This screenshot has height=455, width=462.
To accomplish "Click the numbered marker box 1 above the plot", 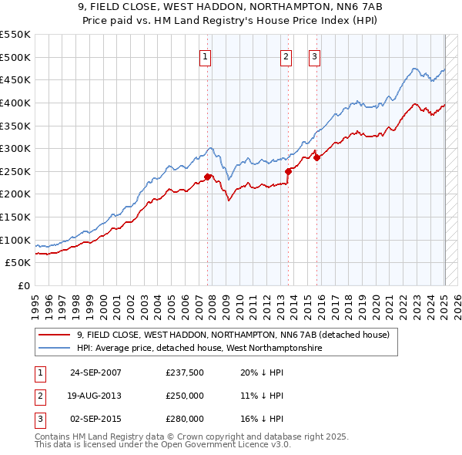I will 207,56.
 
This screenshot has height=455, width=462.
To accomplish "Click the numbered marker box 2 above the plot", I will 286,56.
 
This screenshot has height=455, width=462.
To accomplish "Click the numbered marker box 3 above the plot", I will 315,56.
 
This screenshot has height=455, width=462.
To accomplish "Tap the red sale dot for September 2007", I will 208,177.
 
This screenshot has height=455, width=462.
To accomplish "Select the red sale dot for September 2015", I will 316,157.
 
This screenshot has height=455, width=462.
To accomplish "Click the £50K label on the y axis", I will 18,263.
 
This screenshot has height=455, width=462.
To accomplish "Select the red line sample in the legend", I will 54,335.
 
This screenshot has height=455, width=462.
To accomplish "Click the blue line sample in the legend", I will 54,348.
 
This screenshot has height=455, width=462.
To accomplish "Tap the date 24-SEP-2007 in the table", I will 95,372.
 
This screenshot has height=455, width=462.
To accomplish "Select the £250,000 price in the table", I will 184,396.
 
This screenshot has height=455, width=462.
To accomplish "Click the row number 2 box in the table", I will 39,396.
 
